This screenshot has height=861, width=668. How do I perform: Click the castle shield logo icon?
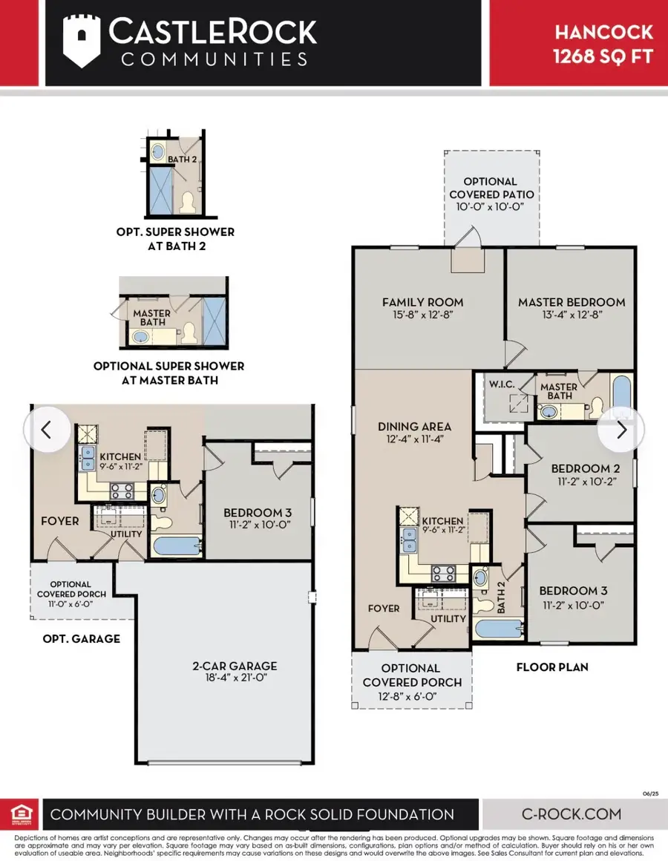tap(82, 41)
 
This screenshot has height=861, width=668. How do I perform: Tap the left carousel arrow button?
tap(48, 430)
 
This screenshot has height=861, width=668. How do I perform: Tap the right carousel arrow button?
tap(620, 430)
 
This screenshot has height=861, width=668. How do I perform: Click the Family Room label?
tap(422, 302)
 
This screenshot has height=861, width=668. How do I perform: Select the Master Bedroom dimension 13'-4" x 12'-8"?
tap(572, 315)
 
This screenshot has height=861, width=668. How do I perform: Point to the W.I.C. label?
tap(502, 384)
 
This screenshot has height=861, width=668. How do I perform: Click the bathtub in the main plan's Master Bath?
tap(621, 393)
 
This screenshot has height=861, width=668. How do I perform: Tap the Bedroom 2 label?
tap(585, 468)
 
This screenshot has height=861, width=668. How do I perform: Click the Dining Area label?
tap(414, 426)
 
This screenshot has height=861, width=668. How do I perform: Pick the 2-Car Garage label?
tap(235, 666)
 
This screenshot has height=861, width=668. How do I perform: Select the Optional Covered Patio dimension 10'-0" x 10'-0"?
tap(490, 207)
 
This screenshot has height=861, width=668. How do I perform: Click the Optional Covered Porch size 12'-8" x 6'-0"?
tap(407, 696)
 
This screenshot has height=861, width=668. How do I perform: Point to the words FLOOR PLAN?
tap(552, 667)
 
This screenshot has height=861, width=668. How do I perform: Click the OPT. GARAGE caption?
tap(81, 638)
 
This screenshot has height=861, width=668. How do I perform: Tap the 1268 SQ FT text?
tap(603, 56)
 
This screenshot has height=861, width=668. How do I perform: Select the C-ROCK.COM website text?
tap(572, 813)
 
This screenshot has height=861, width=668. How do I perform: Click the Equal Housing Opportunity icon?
tap(22, 813)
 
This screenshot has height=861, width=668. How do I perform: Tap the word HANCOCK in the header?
tap(603, 33)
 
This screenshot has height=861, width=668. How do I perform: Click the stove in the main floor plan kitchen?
tap(443, 573)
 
